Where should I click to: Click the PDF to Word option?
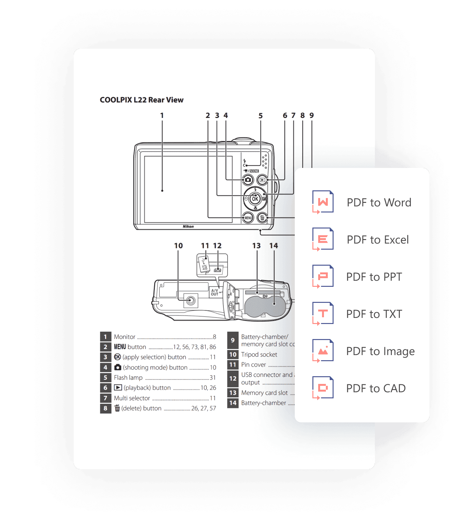pos(379,203)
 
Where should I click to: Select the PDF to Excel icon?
pos(323,239)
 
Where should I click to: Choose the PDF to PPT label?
pos(374,277)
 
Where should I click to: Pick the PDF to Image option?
pos(380,351)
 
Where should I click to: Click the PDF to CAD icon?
pos(323,388)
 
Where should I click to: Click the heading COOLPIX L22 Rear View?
pos(142,100)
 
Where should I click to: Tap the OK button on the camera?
pos(255,199)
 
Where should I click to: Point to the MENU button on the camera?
pos(248,218)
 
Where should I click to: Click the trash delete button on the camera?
pos(262,218)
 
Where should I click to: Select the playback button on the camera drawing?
pos(262,180)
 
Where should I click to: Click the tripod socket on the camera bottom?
pos(191,301)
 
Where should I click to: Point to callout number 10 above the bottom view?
pos(178,246)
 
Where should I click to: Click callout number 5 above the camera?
pos(261,116)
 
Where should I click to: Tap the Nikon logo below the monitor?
pos(188,227)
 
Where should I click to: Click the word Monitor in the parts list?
pos(125,337)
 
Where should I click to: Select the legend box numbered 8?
pos(105,408)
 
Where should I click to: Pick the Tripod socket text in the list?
pos(259,354)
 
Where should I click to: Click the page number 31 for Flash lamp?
pos(213,378)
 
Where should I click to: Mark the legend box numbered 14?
pos(233,403)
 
